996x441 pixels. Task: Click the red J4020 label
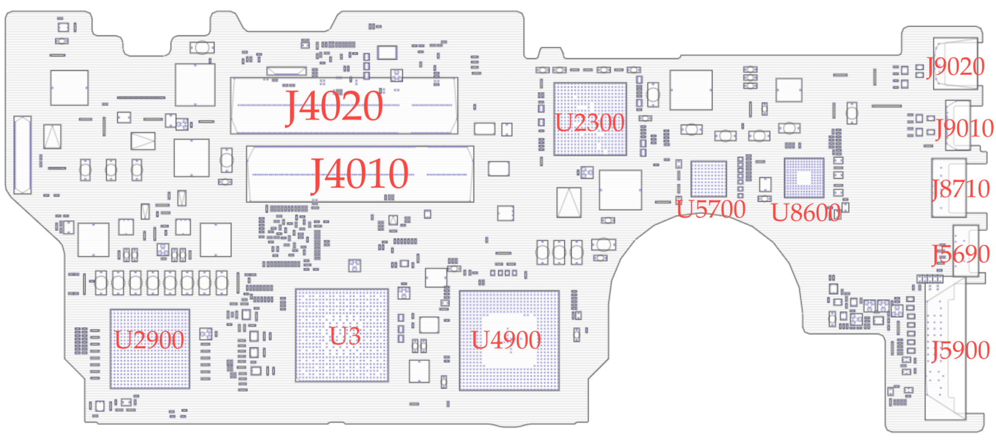(334, 106)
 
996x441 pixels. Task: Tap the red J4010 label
(360, 174)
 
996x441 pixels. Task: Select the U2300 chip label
(590, 123)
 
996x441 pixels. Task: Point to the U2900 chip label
(149, 340)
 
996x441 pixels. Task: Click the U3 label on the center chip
(345, 336)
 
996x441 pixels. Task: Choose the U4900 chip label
(506, 340)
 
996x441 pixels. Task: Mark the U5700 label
(711, 209)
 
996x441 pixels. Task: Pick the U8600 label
(806, 213)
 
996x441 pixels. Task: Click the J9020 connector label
(956, 67)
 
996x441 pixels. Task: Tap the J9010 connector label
(965, 129)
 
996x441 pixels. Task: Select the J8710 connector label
(961, 189)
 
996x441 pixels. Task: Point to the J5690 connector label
(961, 254)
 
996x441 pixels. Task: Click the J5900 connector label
(961, 350)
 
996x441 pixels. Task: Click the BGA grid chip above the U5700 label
(708, 178)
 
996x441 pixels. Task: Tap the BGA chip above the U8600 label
(804, 178)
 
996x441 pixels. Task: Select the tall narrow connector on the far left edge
(22, 154)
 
